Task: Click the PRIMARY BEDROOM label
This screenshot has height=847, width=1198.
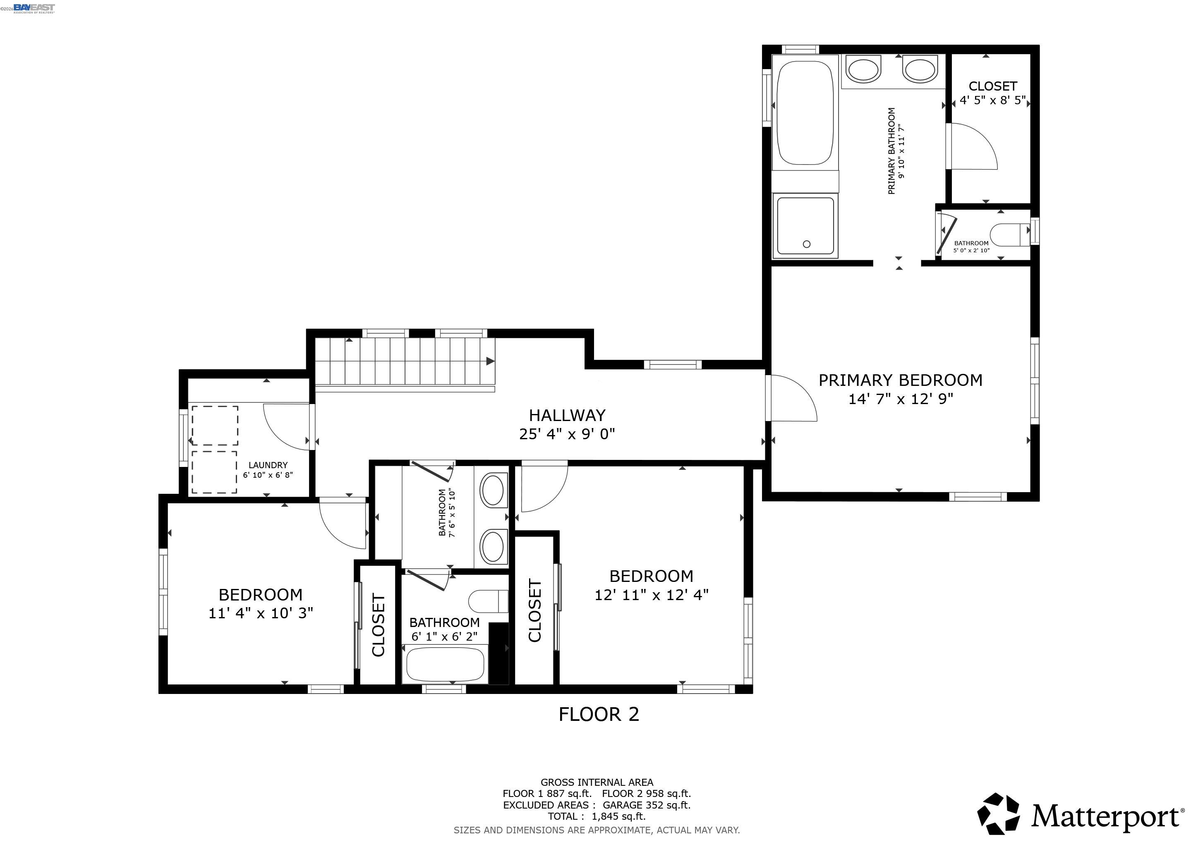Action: [x=900, y=380]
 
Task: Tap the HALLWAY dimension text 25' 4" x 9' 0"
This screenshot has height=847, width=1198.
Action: [x=567, y=434]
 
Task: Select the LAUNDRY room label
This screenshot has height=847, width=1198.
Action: [x=268, y=465]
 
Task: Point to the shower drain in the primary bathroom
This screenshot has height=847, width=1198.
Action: [x=807, y=244]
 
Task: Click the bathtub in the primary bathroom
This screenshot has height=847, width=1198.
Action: [x=805, y=112]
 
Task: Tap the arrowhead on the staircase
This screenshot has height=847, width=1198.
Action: [x=490, y=361]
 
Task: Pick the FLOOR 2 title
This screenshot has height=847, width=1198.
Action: [x=599, y=714]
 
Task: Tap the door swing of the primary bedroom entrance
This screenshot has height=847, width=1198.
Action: [x=793, y=399]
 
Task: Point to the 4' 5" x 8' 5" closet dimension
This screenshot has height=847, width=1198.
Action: [x=992, y=100]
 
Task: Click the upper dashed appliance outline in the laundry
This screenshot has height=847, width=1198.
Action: [x=215, y=425]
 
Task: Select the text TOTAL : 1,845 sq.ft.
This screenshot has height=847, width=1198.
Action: [x=597, y=816]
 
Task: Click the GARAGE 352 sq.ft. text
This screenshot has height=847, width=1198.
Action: [x=647, y=805]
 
